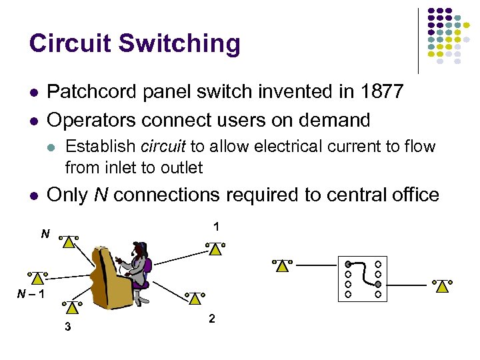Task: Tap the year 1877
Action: click(x=379, y=91)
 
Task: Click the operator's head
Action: click(x=140, y=250)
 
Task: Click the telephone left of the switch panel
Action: click(x=283, y=265)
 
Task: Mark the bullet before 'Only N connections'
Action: click(x=33, y=195)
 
